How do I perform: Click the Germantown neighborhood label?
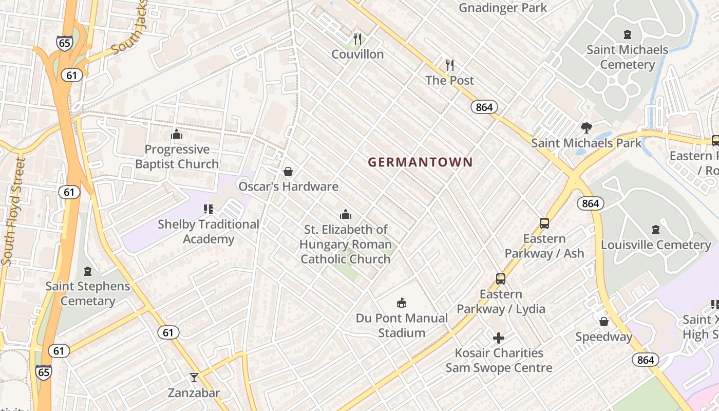tap(420, 162)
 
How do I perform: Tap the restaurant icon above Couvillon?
tap(357, 39)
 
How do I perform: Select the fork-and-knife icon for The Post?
tap(450, 65)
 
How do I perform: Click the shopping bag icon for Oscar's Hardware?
tap(288, 172)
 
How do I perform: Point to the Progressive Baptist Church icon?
tap(177, 135)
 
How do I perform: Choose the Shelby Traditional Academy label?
tap(208, 232)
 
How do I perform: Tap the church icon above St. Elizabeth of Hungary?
tap(346, 214)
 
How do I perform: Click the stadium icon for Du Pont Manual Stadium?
tap(402, 303)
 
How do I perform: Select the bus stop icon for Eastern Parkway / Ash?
tap(544, 223)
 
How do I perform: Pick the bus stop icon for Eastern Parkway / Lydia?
tap(501, 279)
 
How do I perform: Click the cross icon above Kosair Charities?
tap(499, 338)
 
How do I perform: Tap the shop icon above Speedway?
tap(604, 322)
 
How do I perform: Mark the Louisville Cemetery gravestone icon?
tap(656, 230)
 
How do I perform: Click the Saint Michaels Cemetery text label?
tap(627, 57)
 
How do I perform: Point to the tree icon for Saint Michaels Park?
tap(586, 128)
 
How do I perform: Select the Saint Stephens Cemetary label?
tap(88, 293)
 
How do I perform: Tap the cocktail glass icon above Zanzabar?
tap(194, 378)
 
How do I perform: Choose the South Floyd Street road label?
tap(14, 212)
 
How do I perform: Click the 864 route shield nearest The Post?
tap(484, 107)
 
